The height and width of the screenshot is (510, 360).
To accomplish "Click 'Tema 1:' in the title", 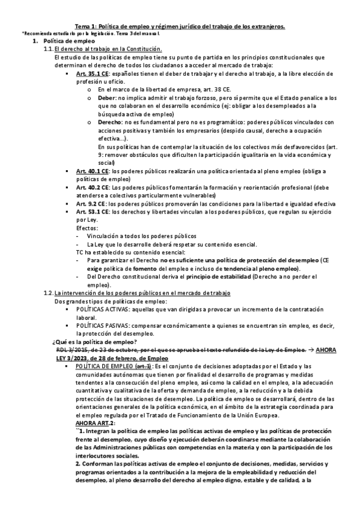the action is click(x=86, y=26).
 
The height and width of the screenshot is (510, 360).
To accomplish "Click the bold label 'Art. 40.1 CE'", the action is click(x=90, y=172).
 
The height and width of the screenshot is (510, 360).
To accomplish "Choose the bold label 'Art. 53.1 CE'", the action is click(x=90, y=212).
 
